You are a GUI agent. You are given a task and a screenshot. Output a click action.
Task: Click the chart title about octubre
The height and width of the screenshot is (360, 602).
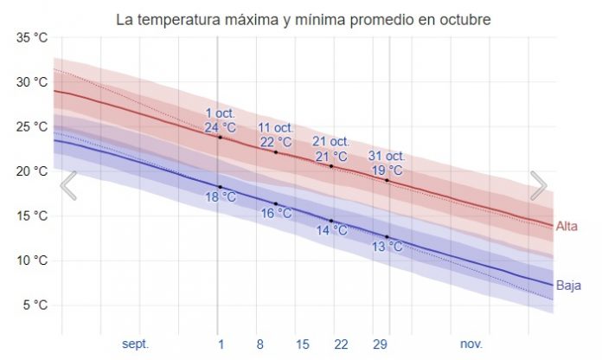pyautogui.click(x=301, y=18)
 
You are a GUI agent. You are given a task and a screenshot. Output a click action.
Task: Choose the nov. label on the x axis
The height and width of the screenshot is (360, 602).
pyautogui.click(x=471, y=344)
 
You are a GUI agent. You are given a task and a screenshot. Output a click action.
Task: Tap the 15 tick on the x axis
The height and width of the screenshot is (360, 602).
pyautogui.click(x=303, y=344)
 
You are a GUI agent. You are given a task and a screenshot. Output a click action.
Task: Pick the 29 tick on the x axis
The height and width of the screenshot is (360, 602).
pyautogui.click(x=380, y=344)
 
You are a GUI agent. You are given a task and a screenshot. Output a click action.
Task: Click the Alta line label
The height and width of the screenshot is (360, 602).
pyautogui.click(x=567, y=226)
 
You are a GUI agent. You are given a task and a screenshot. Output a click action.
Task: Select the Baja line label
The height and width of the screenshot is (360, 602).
pyautogui.click(x=568, y=285)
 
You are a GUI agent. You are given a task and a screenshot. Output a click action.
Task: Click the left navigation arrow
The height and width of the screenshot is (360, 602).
pyautogui.click(x=68, y=185)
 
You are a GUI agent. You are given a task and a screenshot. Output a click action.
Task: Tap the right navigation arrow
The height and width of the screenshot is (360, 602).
pyautogui.click(x=538, y=185)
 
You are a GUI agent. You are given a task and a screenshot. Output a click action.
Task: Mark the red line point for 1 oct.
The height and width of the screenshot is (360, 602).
pyautogui.click(x=220, y=138)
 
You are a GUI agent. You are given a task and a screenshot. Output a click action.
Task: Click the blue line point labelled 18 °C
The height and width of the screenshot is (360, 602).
pyautogui.click(x=220, y=187)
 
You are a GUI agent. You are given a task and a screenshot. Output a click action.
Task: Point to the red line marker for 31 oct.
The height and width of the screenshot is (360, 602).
pyautogui.click(x=387, y=180)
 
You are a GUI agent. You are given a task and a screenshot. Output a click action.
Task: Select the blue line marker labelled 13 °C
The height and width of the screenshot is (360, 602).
pyautogui.click(x=387, y=236)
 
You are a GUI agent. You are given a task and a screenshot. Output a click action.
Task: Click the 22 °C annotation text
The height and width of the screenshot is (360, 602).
pyautogui.click(x=276, y=142)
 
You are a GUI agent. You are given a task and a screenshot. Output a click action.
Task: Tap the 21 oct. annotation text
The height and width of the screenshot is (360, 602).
pyautogui.click(x=331, y=141)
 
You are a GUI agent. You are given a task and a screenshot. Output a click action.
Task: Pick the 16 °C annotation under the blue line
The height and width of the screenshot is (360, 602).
pyautogui.click(x=276, y=213)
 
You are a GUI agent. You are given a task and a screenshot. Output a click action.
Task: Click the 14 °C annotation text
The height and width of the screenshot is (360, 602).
pyautogui.click(x=331, y=230)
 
